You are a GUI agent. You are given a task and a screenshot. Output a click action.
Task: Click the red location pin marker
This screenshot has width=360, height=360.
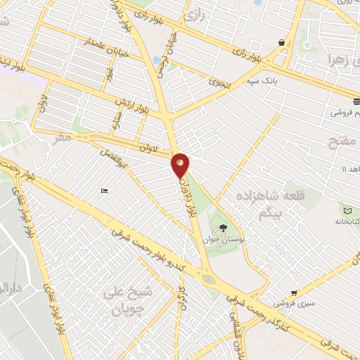[181, 165]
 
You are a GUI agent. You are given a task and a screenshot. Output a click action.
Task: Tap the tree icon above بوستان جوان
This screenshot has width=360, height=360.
[223, 227]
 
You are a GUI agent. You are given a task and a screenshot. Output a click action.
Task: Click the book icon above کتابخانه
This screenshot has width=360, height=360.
[347, 210]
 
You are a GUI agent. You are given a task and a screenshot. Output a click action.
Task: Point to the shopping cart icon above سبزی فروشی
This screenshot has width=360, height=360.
[294, 293]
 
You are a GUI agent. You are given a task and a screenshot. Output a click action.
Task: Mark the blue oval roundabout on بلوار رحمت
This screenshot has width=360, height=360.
[209, 278]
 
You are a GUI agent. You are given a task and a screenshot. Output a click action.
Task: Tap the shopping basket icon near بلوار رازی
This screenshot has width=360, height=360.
[282, 42]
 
